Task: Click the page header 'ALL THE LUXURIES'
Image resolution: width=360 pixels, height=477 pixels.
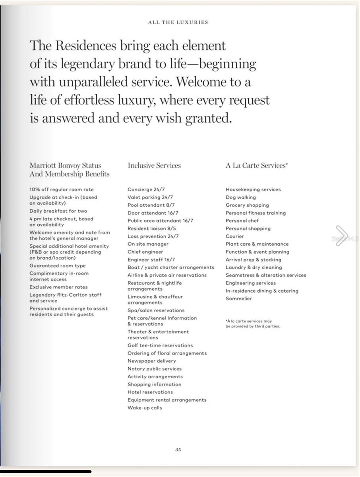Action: (178, 22)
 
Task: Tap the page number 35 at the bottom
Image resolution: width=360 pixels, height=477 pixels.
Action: (178, 450)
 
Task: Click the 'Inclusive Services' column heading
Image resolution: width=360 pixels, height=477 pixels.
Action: (154, 166)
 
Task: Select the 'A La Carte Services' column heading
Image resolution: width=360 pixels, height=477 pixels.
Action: (256, 166)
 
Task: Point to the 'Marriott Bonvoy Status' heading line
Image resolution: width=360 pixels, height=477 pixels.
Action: (65, 166)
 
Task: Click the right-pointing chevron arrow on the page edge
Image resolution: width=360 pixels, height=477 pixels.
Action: (341, 235)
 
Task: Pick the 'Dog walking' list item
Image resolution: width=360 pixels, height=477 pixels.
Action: (241, 198)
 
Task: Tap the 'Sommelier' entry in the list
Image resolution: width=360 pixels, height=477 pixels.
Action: (239, 299)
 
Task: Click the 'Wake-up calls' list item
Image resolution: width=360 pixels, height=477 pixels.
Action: (145, 408)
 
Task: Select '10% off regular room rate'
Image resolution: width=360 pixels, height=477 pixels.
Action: (62, 190)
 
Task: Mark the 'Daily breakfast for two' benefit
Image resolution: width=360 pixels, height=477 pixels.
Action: (58, 211)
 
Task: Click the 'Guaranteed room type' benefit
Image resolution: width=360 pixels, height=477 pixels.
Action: (58, 266)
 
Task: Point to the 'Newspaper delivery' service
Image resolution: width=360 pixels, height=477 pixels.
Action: (151, 361)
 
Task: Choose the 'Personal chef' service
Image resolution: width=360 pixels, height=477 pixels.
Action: (242, 221)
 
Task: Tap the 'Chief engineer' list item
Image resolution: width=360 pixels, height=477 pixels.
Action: (145, 252)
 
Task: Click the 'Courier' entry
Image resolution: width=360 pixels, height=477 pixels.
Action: (235, 236)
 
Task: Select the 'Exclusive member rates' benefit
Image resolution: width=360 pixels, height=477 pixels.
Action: (58, 287)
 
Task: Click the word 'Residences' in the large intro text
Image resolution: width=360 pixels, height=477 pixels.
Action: (85, 46)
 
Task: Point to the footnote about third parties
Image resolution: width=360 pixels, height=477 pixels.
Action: (253, 324)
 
